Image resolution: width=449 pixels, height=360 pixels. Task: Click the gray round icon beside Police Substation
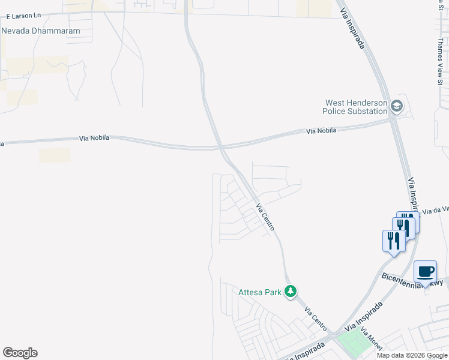[396, 107]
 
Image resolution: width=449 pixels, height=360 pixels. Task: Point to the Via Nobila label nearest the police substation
[321, 130]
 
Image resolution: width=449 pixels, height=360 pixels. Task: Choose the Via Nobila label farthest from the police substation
[94, 138]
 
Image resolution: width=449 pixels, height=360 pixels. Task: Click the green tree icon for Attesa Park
[291, 292]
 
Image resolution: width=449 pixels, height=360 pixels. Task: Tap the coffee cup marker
[425, 272]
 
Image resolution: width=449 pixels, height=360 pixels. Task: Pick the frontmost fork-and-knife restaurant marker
[393, 241]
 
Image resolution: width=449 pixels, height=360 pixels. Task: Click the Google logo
[20, 353]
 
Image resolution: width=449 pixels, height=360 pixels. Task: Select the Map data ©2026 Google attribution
[411, 355]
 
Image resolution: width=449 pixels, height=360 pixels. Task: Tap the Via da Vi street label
[435, 210]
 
